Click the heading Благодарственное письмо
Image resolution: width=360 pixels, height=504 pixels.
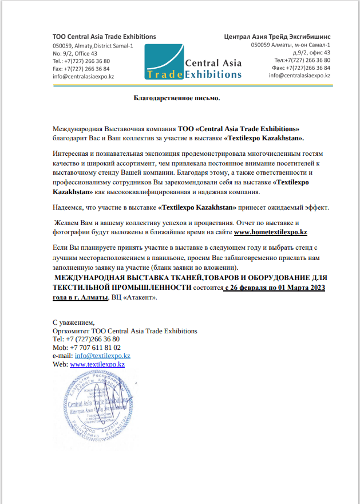[177, 98]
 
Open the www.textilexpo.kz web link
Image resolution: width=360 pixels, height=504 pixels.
[97, 364]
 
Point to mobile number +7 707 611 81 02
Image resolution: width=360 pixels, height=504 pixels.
[94, 347]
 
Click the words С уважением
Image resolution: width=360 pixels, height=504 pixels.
[73, 322]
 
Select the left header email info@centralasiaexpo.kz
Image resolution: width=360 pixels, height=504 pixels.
[83, 76]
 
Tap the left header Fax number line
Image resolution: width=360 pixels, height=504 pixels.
[81, 68]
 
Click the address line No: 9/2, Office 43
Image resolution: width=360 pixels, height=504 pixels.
[74, 53]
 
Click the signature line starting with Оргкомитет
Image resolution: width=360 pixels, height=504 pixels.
[125, 330]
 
